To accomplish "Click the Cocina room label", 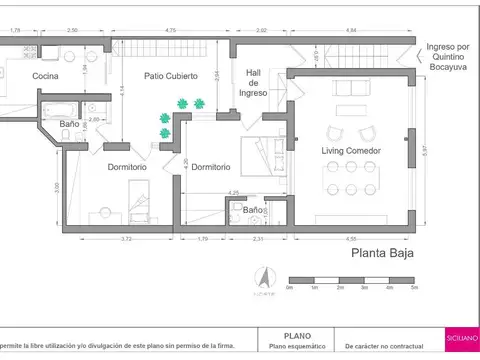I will click(x=45, y=76).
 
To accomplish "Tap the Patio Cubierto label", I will click(x=169, y=76).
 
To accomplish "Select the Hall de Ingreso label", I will click(x=253, y=82).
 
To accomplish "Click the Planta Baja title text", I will click(x=382, y=254).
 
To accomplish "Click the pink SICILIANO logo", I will click(x=462, y=341).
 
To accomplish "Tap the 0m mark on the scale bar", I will click(x=289, y=288).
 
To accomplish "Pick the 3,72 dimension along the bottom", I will click(x=125, y=239).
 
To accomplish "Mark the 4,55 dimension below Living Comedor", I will click(x=352, y=239).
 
